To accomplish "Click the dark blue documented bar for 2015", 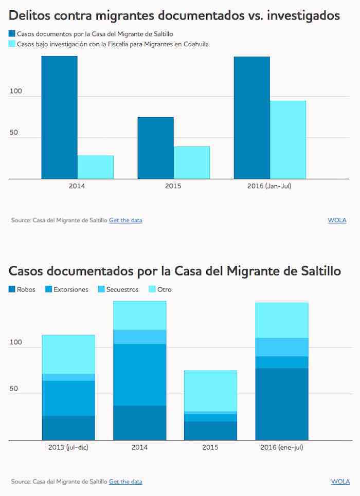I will (155, 148).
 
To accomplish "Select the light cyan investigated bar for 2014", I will (96, 167).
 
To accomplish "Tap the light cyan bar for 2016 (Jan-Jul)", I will (288, 140).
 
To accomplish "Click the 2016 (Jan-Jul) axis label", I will (269, 186).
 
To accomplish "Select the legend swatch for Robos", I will (12, 289).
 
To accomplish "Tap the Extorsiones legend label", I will (71, 289).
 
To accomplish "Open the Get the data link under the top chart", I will (125, 220).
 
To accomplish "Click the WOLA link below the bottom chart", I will (340, 482).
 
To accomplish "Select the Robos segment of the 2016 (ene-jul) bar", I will (282, 404).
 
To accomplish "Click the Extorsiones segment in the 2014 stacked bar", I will (139, 375).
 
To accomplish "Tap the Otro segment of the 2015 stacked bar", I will (211, 391).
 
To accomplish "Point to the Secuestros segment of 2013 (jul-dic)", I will (68, 377).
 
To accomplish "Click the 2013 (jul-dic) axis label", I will (68, 447).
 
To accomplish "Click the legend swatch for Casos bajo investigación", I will (12, 44).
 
